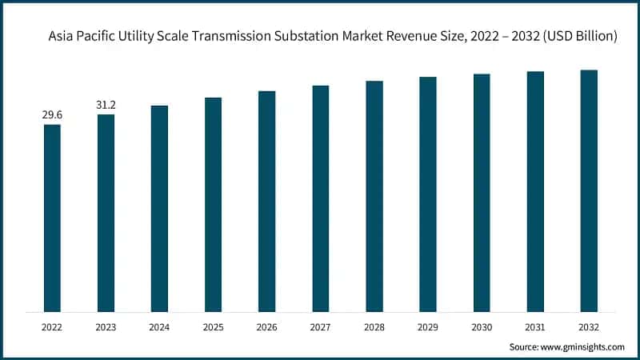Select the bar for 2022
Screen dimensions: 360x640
(x=52, y=218)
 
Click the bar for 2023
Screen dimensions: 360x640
(x=106, y=213)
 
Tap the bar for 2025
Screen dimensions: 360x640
(x=213, y=204)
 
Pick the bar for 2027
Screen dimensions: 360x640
(x=320, y=198)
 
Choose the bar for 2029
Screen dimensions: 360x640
(x=428, y=194)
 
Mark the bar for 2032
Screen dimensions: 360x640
(x=589, y=190)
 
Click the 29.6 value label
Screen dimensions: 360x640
(x=52, y=116)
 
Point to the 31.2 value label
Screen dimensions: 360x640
(x=106, y=106)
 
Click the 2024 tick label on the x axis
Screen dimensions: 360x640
(x=159, y=326)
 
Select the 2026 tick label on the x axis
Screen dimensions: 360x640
(x=266, y=326)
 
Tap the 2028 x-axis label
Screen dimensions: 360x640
(x=374, y=326)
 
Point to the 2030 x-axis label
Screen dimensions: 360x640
(x=482, y=326)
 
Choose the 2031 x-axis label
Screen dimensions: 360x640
(x=535, y=326)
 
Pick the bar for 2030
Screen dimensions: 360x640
(x=482, y=193)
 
